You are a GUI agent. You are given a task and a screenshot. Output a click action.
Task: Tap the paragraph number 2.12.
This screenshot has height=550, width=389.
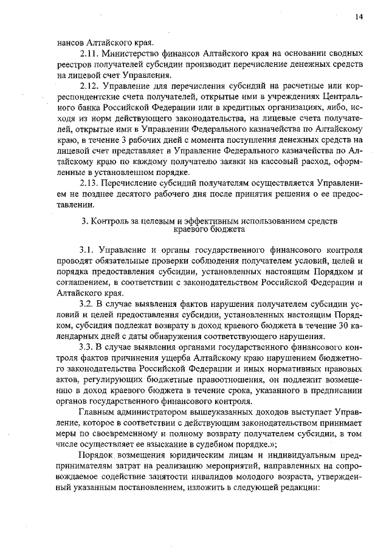(x=89, y=86)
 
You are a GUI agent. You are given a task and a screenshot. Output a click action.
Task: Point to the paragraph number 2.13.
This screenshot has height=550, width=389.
(x=89, y=182)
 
